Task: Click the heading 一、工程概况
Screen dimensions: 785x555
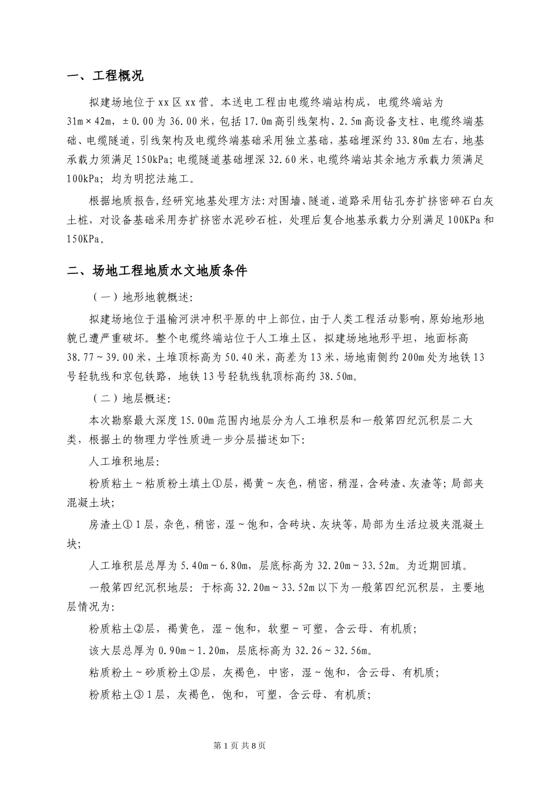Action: (105, 77)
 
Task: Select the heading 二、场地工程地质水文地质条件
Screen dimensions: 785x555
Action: (158, 271)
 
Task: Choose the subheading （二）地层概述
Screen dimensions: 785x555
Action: (131, 400)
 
